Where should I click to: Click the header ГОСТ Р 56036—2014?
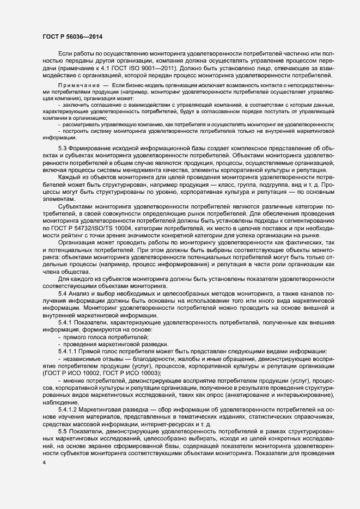[72, 36]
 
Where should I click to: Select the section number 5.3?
[63, 149]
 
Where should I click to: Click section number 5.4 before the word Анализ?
[63, 294]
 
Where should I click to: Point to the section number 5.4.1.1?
[69, 351]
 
